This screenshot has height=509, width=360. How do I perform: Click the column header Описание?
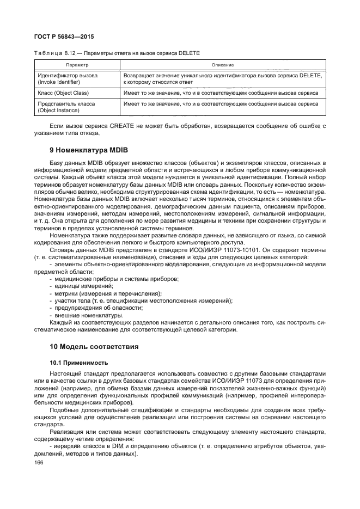(x=223, y=65)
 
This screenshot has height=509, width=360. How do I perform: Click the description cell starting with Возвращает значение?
(x=223, y=78)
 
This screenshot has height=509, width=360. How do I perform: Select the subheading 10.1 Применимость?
(x=78, y=362)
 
